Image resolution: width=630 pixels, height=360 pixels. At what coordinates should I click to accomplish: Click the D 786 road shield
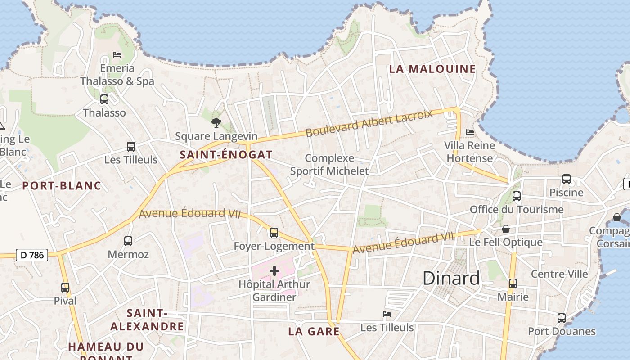tap(32, 255)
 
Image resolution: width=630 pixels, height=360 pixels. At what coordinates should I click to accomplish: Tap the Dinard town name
tap(451, 278)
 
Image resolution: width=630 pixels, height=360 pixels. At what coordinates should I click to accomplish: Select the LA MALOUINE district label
tap(432, 69)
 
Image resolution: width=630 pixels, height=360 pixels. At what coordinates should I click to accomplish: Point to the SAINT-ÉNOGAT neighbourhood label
tap(226, 155)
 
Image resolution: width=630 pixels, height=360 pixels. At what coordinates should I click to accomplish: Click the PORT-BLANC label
tap(62, 185)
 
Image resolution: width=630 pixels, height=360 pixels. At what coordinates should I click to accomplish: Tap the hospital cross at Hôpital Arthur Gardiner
tap(274, 271)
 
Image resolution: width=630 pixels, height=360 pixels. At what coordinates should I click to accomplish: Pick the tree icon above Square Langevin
tap(216, 122)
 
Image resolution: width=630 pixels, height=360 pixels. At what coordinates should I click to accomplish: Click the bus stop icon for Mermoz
tap(128, 241)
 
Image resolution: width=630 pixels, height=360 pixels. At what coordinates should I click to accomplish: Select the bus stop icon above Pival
tap(65, 287)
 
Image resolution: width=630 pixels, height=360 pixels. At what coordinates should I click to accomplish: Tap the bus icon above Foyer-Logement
tap(274, 233)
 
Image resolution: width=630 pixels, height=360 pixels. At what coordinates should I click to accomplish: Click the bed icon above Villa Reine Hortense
tap(470, 132)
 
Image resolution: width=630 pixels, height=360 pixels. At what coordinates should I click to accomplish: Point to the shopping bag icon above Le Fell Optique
tap(506, 229)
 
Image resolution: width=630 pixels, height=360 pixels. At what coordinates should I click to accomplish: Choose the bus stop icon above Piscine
tap(567, 179)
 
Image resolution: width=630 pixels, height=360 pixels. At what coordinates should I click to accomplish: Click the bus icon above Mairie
tap(513, 283)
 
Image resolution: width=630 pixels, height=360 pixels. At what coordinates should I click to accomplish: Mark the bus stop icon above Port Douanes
tap(562, 318)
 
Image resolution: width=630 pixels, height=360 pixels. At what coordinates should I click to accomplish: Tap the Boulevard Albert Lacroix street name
tap(369, 123)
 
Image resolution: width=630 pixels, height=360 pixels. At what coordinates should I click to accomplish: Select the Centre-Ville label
tap(559, 274)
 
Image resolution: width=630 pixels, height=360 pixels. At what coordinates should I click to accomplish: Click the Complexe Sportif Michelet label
tap(329, 165)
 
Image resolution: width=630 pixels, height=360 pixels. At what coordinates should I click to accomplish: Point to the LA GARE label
tap(314, 332)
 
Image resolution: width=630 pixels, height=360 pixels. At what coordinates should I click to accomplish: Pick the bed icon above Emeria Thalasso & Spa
tap(117, 55)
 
